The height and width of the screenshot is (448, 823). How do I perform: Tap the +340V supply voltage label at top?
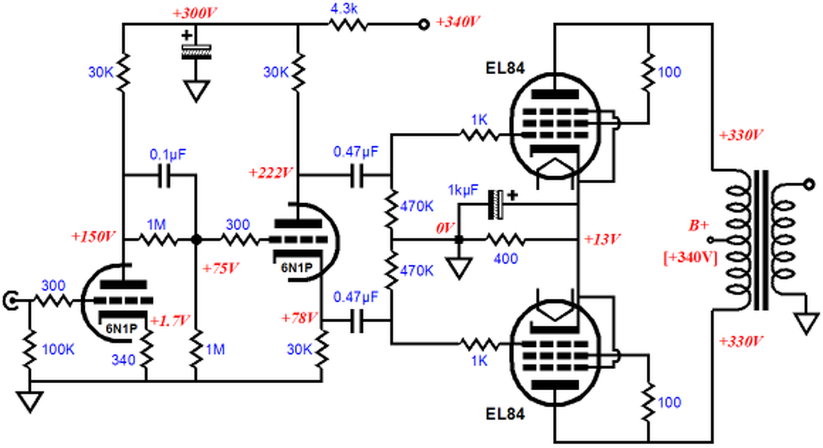(458, 21)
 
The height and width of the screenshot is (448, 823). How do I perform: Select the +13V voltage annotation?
(602, 240)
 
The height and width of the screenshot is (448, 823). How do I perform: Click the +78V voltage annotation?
(300, 318)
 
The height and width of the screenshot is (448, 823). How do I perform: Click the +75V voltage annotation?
(219, 267)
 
